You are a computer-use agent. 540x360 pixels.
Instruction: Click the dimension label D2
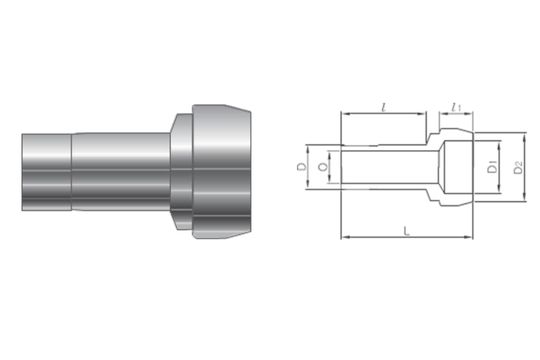[x=518, y=168]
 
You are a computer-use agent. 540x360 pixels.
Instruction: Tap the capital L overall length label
[x=406, y=230]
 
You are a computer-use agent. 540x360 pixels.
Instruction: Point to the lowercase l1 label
[x=456, y=104]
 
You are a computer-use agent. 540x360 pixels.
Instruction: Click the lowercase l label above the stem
[x=385, y=104]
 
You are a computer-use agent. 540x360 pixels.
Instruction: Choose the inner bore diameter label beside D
[x=321, y=167]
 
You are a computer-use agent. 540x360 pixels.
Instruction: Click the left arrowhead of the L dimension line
[x=346, y=238]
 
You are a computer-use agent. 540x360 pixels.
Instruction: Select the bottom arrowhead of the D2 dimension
[x=508, y=205]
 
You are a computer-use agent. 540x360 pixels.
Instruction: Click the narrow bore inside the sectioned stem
[x=385, y=167]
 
